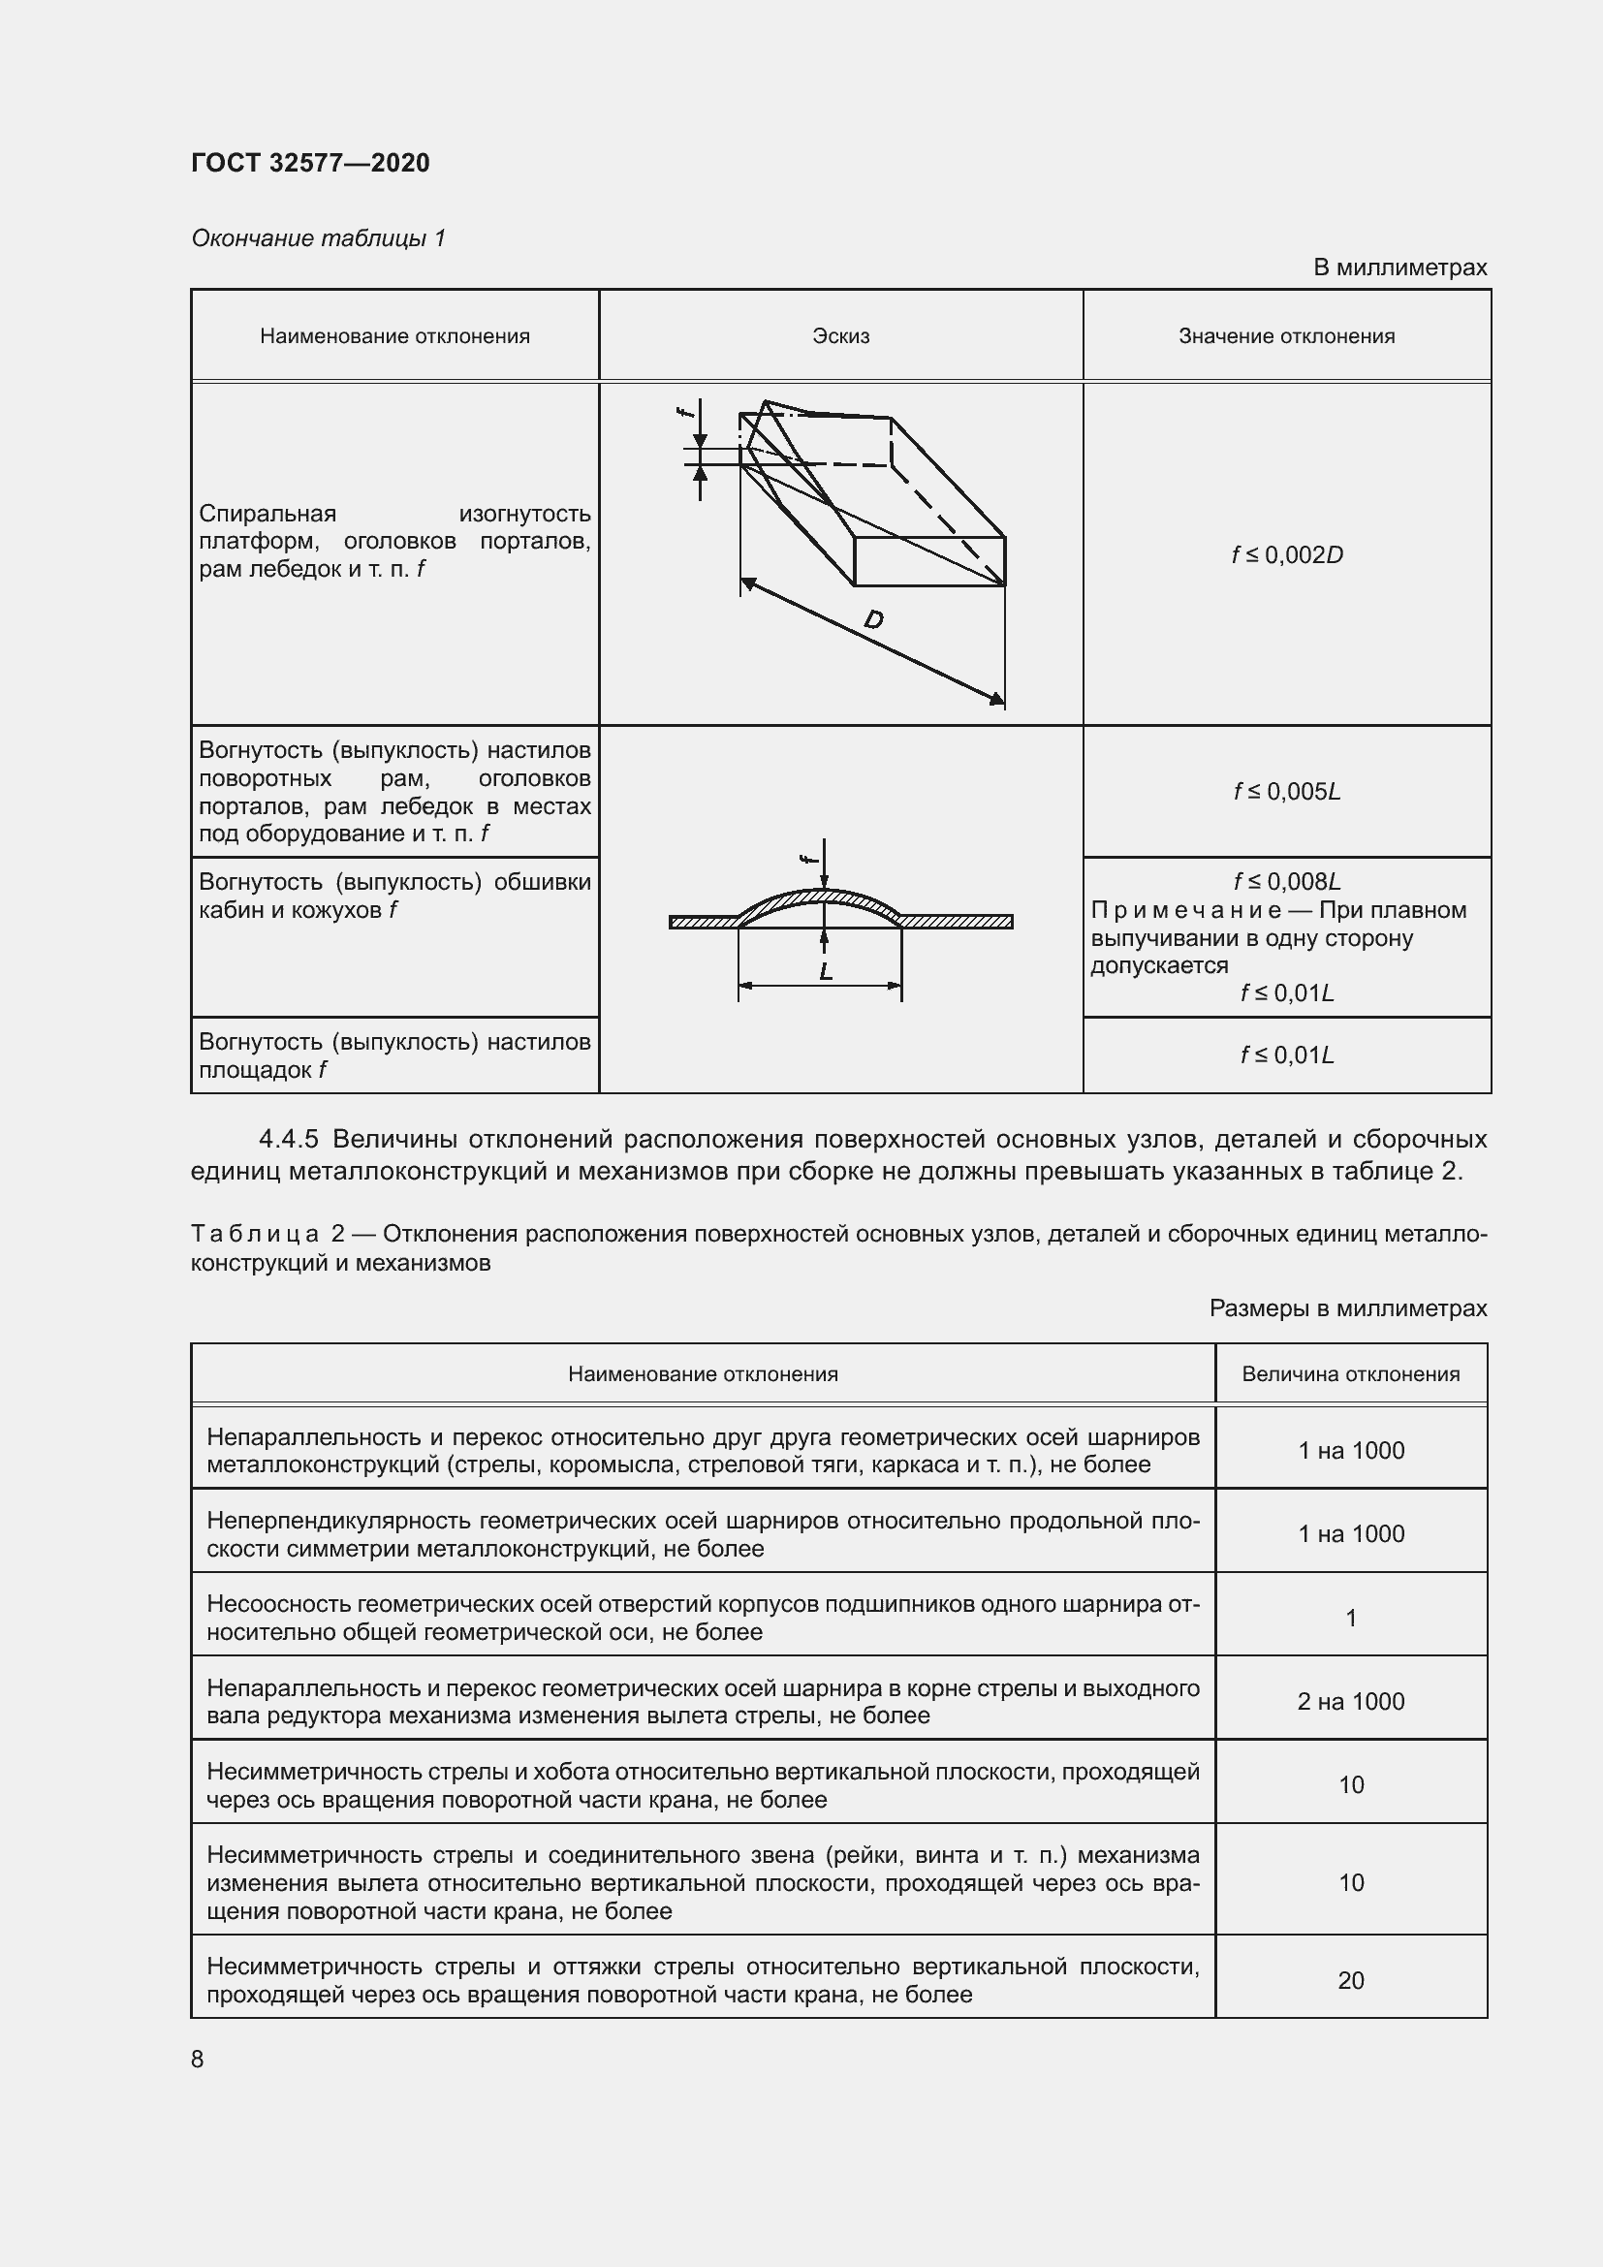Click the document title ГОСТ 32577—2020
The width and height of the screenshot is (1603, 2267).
point(310,163)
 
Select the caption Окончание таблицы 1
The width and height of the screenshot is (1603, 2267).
point(318,238)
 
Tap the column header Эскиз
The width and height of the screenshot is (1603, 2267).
point(840,335)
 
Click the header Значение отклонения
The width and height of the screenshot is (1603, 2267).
point(1286,335)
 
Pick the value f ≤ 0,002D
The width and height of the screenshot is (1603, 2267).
point(1286,555)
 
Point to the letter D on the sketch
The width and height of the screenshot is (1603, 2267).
point(872,620)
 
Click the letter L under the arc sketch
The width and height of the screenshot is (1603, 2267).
point(825,971)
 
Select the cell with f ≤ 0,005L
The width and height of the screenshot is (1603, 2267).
point(1286,791)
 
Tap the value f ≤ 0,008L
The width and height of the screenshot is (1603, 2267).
point(1286,881)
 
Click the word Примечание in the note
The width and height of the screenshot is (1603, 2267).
point(1185,910)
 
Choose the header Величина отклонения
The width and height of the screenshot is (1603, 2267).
point(1349,1373)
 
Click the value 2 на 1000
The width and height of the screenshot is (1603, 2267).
point(1349,1700)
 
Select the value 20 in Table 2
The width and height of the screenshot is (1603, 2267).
point(1349,1980)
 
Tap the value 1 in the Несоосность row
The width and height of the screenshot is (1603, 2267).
point(1349,1618)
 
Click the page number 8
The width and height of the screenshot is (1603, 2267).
point(198,2059)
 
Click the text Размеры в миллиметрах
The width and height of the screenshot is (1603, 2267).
point(1347,1308)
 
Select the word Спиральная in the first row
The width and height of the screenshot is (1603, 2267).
point(267,514)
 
